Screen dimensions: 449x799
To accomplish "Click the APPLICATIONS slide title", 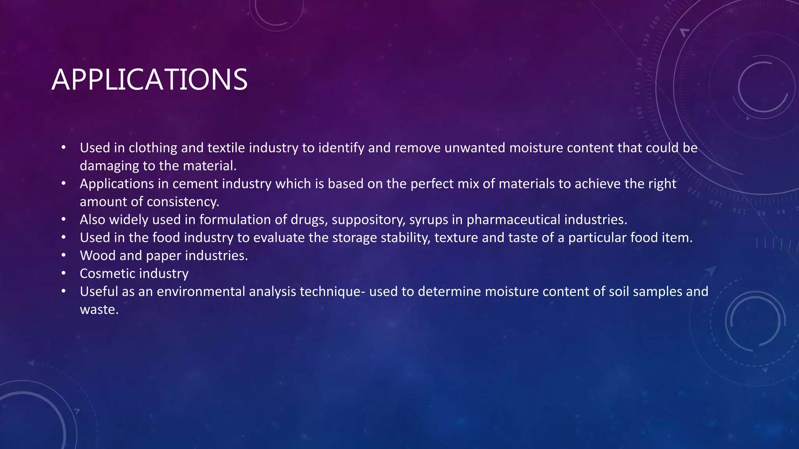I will click(x=149, y=80).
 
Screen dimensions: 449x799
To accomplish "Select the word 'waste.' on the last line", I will click(x=99, y=310).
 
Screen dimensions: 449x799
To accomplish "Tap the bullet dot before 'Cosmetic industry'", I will click(x=64, y=274).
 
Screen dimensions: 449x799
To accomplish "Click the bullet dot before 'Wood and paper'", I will click(x=64, y=256).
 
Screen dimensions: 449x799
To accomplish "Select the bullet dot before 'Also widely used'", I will click(x=64, y=220).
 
